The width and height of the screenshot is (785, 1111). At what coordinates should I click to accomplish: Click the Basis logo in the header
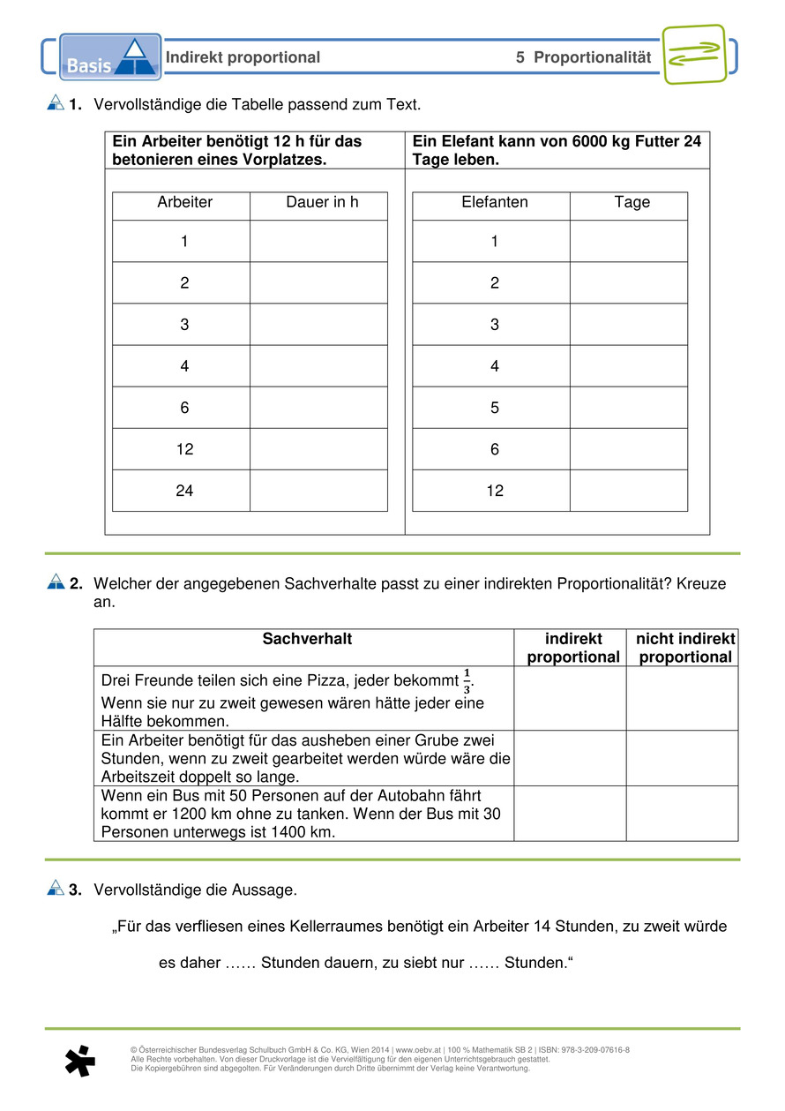(110, 57)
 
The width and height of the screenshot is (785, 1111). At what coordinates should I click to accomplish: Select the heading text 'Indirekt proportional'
(243, 57)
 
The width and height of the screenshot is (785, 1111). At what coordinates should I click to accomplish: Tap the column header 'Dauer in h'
(322, 202)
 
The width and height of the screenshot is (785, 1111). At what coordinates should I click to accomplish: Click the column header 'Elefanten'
(494, 202)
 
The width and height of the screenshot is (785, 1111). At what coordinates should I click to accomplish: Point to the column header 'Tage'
(632, 202)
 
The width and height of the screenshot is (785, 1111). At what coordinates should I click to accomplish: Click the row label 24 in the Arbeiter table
(184, 491)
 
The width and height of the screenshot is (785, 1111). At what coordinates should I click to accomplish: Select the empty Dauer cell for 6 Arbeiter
(318, 408)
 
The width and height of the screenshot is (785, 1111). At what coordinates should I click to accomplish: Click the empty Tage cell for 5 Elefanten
(628, 408)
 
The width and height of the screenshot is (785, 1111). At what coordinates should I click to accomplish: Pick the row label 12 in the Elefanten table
(494, 491)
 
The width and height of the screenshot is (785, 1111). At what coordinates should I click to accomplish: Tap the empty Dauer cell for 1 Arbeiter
(318, 241)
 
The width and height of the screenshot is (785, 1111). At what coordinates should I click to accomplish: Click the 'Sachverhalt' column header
(307, 639)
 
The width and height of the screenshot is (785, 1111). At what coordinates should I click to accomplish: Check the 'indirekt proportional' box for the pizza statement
(570, 698)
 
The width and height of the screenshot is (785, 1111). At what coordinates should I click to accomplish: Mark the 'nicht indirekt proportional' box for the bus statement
(682, 813)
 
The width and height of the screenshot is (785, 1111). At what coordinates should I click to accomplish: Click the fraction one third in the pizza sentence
(467, 682)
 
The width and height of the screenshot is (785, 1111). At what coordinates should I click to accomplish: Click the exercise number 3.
(76, 890)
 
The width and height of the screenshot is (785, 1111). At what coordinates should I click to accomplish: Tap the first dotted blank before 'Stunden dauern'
(240, 963)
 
